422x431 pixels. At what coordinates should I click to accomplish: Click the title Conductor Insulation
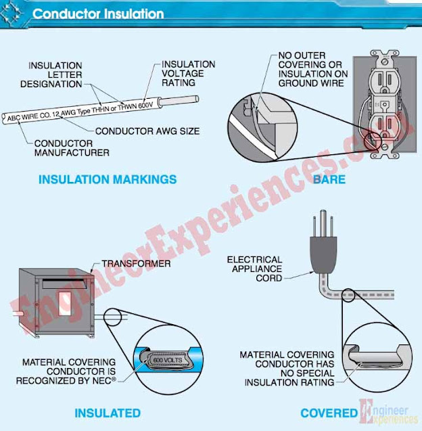(x=98, y=14)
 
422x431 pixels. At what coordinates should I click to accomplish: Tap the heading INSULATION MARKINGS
(x=108, y=179)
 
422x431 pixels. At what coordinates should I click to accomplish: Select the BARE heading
(x=329, y=179)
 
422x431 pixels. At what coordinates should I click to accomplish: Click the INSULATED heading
(x=108, y=413)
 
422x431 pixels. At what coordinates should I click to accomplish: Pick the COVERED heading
(x=329, y=413)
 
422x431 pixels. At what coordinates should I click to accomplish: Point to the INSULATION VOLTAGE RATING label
(x=188, y=74)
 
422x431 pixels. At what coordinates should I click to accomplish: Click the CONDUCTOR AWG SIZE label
(x=147, y=131)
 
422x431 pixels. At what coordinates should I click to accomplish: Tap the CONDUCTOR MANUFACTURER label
(x=73, y=148)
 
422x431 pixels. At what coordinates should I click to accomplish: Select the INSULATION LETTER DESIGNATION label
(x=55, y=76)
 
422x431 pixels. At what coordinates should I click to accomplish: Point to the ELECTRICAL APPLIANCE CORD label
(x=254, y=269)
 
